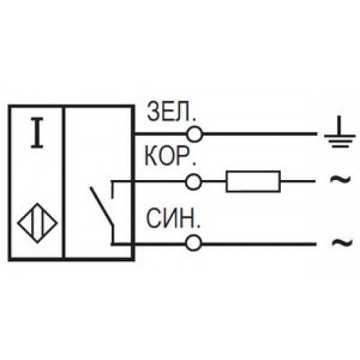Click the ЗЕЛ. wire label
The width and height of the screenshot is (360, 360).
pyautogui.click(x=171, y=112)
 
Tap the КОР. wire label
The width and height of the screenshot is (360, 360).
pyautogui.click(x=170, y=157)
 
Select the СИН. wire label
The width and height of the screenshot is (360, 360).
pyautogui.click(x=173, y=218)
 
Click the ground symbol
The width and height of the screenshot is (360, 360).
pyautogui.click(x=339, y=132)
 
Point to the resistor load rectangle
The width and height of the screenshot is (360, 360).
pyautogui.click(x=253, y=181)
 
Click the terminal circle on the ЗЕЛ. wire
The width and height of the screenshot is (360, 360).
pyautogui.click(x=194, y=134)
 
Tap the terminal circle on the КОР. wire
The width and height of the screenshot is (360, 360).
pyautogui.click(x=193, y=182)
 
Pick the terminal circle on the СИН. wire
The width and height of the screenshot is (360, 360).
pyautogui.click(x=193, y=243)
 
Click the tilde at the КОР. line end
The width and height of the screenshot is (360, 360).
pyautogui.click(x=340, y=179)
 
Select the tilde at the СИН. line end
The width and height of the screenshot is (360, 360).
pyautogui.click(x=341, y=243)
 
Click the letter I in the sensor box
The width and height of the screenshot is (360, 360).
pyautogui.click(x=37, y=132)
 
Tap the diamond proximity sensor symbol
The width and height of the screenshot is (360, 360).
pyautogui.click(x=37, y=223)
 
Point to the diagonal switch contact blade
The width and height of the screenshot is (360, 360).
pyautogui.click(x=101, y=206)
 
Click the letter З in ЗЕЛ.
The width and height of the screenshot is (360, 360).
pyautogui.click(x=153, y=112)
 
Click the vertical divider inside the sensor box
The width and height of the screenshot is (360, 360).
pyautogui.click(x=63, y=183)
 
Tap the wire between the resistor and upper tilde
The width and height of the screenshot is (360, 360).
pyautogui.click(x=298, y=181)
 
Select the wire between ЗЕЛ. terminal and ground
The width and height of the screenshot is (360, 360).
pyautogui.click(x=260, y=134)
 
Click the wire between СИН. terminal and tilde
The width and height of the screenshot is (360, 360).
pyautogui.click(x=258, y=244)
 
